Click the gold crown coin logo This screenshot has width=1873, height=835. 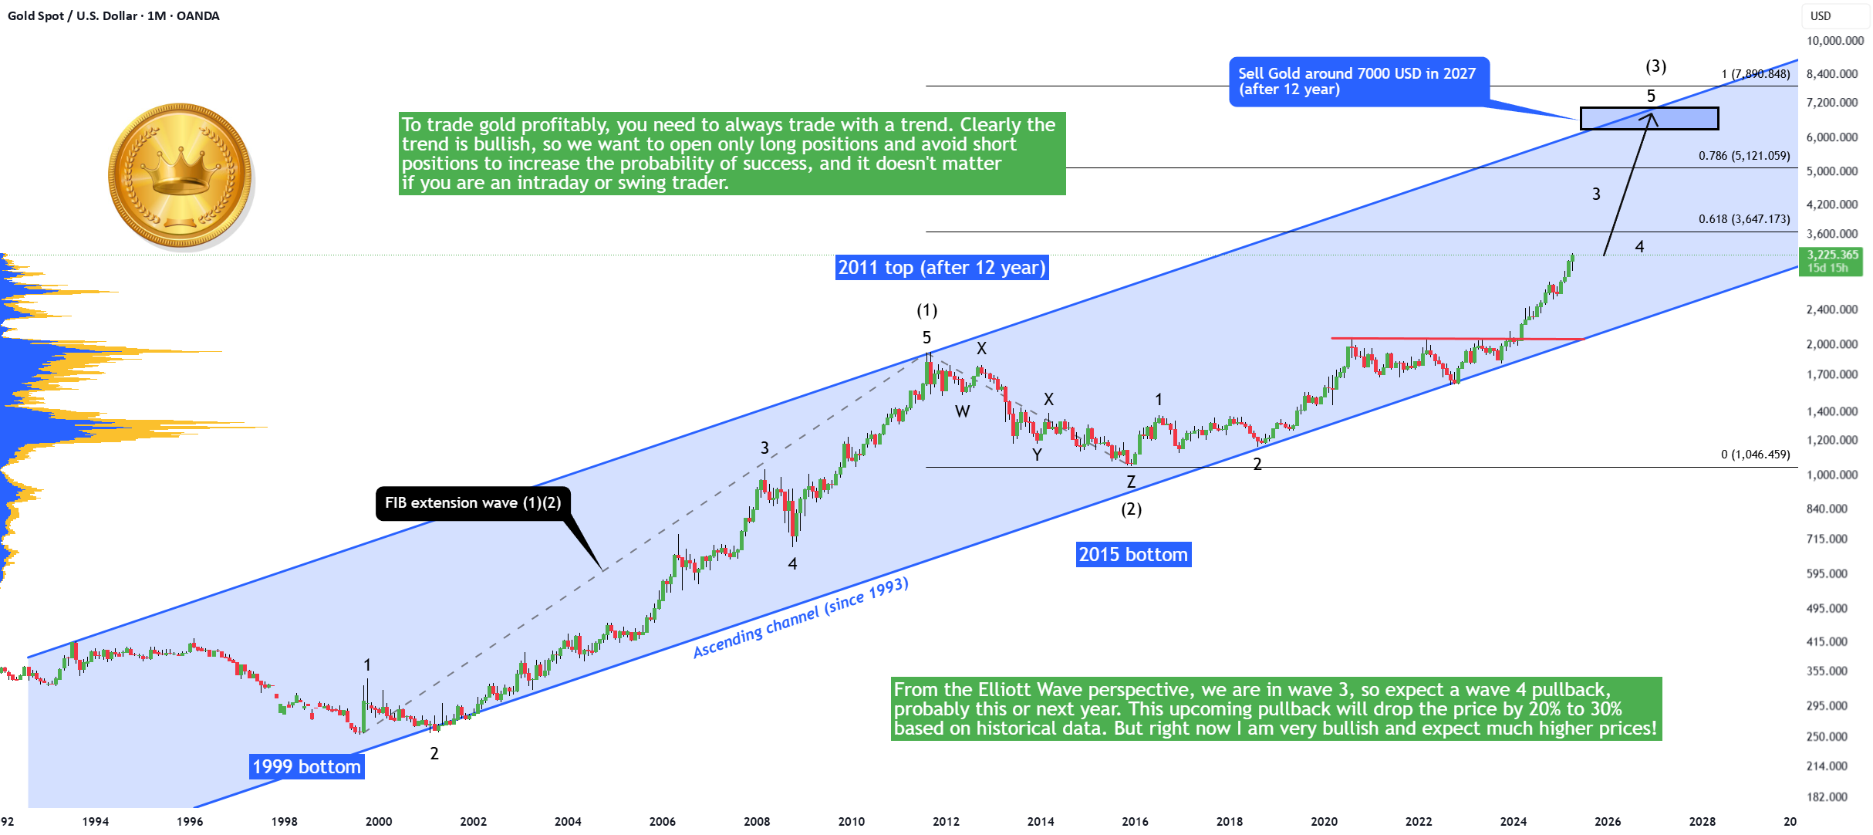(x=181, y=177)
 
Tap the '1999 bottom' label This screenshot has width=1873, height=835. (x=307, y=766)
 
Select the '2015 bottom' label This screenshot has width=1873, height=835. (x=1133, y=554)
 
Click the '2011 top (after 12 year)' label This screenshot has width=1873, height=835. (x=942, y=267)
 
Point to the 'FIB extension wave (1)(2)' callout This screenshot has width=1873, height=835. (x=473, y=503)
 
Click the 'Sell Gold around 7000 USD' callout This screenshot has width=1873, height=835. (x=1358, y=81)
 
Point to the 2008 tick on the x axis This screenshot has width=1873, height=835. (x=757, y=821)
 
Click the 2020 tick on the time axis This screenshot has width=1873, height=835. (x=1324, y=821)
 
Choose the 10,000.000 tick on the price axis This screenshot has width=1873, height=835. (x=1835, y=41)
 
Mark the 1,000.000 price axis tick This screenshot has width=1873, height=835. (x=1832, y=475)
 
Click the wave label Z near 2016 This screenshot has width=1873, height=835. (x=1131, y=482)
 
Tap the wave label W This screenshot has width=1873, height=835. (x=962, y=411)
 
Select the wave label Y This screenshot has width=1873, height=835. (x=1037, y=455)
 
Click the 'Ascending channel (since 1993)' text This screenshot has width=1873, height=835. (x=801, y=617)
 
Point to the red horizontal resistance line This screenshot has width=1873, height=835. (x=1457, y=338)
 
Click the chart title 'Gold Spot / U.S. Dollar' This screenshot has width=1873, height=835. (x=73, y=15)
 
